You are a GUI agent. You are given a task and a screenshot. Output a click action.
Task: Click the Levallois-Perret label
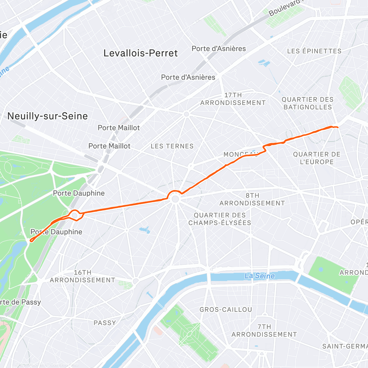[x=140, y=53]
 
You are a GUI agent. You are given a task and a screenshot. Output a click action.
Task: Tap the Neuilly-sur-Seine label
[x=48, y=116]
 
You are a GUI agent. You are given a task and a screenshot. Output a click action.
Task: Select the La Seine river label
[x=259, y=276]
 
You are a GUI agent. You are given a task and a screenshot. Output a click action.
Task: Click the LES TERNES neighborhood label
[x=172, y=146]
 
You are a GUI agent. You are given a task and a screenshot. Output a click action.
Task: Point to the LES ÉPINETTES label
[x=314, y=51]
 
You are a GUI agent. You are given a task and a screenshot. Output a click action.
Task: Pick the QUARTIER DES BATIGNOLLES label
[x=308, y=103]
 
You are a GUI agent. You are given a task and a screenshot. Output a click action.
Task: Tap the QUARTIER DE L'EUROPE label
[x=316, y=158]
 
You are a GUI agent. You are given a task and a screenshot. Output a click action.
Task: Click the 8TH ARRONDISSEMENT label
[x=252, y=199]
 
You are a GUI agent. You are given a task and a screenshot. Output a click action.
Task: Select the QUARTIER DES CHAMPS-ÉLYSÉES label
[x=220, y=219]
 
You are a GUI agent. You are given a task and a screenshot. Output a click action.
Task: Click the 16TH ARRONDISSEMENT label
[x=82, y=276]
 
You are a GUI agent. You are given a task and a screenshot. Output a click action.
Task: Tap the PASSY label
[x=105, y=323]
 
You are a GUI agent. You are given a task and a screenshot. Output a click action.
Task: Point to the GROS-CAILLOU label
[x=226, y=310]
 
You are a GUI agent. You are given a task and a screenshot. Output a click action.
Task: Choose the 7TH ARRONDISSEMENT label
[x=264, y=331]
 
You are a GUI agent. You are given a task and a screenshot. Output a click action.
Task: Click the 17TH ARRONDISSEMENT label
[x=233, y=99]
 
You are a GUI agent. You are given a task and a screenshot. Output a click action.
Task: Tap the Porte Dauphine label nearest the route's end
[x=56, y=232]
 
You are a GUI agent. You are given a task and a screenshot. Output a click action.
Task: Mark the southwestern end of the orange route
[x=30, y=241]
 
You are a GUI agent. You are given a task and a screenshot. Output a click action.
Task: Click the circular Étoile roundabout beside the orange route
[x=175, y=199]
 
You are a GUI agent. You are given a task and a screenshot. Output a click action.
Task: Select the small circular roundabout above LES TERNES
[x=186, y=114]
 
